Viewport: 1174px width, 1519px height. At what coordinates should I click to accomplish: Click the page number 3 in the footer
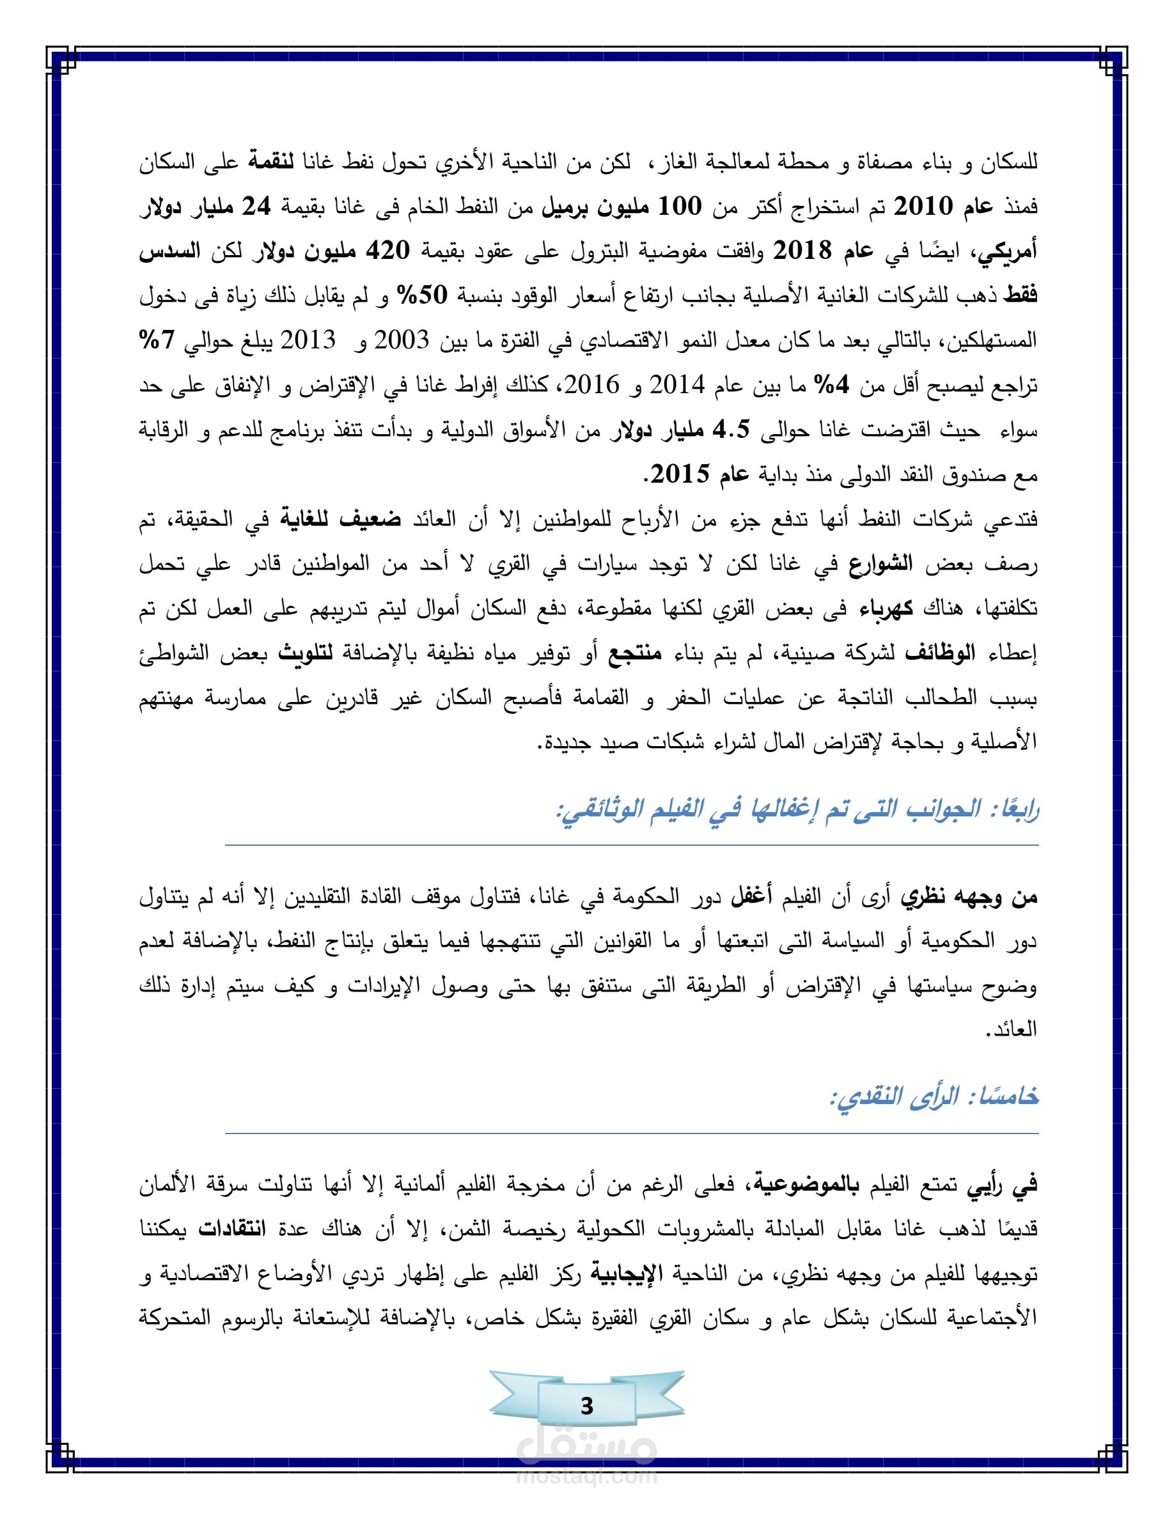point(587,1406)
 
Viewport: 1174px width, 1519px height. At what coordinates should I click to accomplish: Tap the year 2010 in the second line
point(938,206)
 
